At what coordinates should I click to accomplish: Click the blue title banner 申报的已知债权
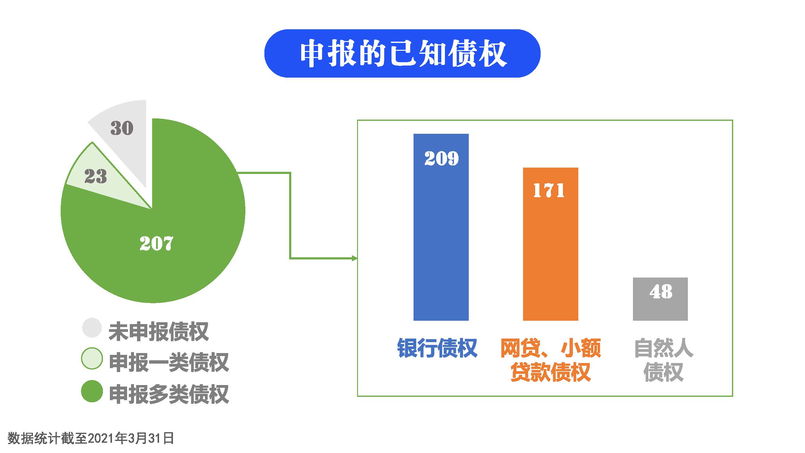[402, 53]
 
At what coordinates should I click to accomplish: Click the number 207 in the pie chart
[156, 243]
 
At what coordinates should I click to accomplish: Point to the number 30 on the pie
[122, 128]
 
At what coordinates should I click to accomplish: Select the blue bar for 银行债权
[441, 227]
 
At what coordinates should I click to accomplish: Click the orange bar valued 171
[551, 244]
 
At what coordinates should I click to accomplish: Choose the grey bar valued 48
[660, 299]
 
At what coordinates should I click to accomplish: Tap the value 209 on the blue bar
[441, 158]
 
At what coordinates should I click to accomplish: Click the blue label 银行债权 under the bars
[437, 348]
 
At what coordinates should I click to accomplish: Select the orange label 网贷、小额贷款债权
[551, 360]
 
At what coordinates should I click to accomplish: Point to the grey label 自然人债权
[664, 360]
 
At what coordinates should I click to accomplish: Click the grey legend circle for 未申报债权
[92, 328]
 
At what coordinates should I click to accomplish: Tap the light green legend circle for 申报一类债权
[92, 358]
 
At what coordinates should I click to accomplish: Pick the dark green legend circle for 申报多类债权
[92, 391]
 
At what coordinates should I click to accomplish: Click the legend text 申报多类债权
[169, 394]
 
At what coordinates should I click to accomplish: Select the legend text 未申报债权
[158, 331]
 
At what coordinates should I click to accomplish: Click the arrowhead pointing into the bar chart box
[355, 258]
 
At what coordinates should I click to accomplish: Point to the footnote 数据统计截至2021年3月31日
[91, 438]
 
